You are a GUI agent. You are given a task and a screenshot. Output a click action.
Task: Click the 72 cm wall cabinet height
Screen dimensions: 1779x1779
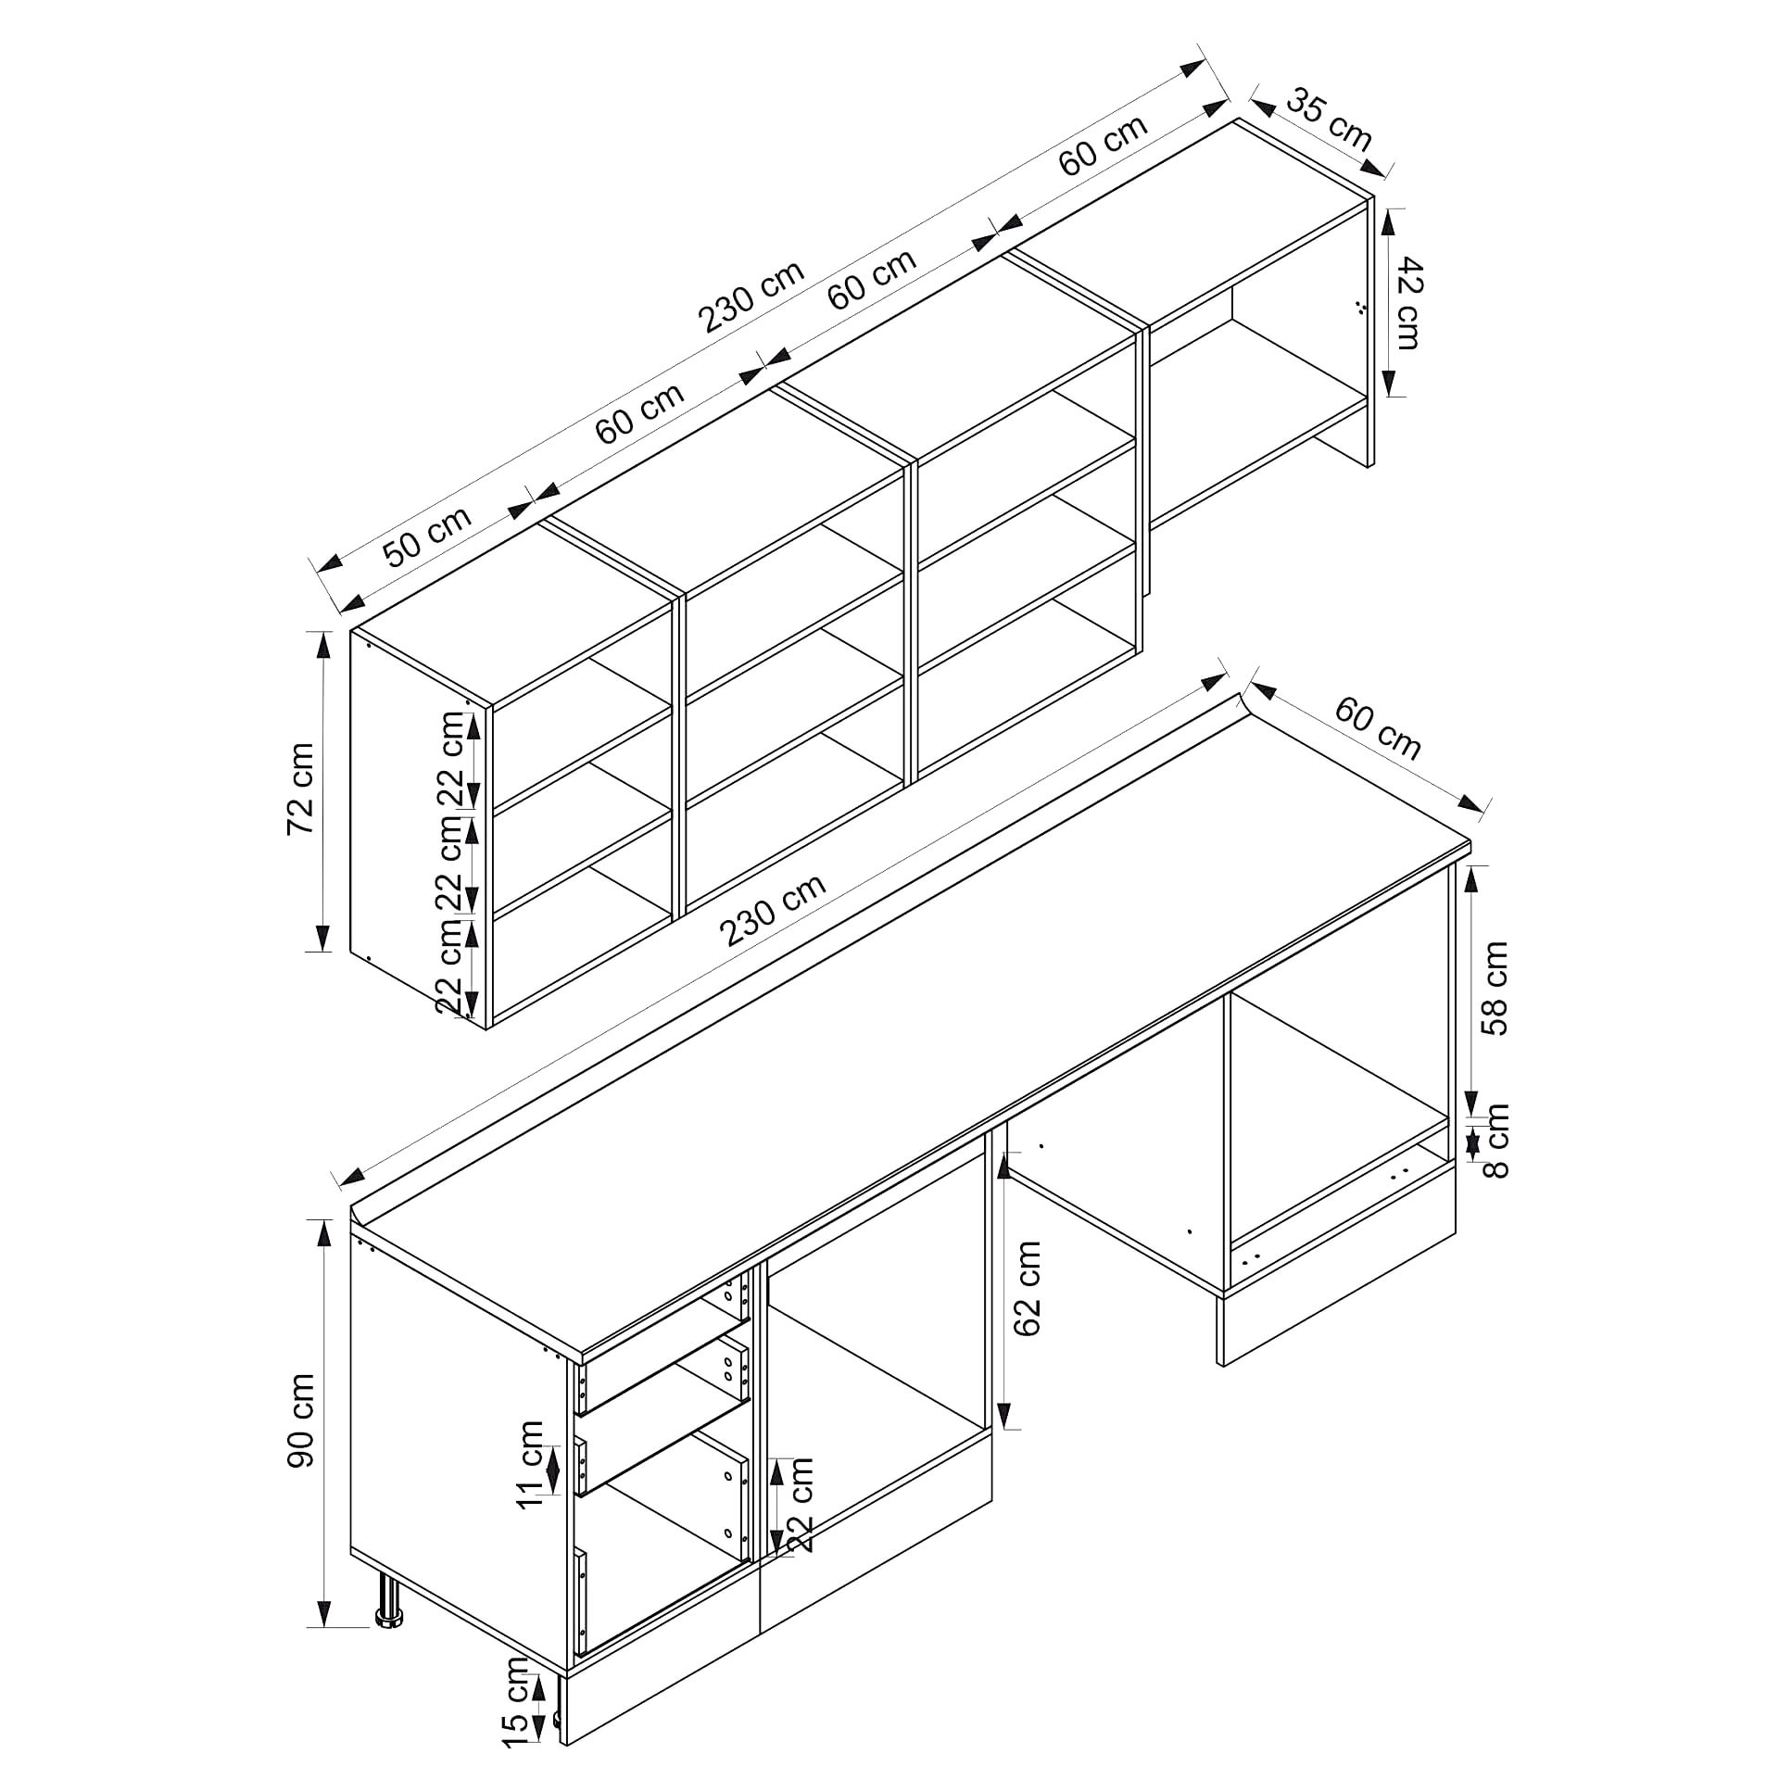(x=301, y=788)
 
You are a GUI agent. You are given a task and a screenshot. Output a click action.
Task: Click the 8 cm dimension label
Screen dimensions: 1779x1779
(x=1495, y=1141)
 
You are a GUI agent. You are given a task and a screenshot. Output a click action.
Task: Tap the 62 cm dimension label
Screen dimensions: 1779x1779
(x=1028, y=1289)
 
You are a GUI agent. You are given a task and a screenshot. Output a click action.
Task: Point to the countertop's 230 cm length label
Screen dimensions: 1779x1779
(x=774, y=911)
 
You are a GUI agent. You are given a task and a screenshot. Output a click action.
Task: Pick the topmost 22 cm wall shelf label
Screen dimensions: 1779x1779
(x=451, y=760)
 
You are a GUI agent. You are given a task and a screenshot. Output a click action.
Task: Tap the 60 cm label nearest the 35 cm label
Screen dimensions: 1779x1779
(x=1103, y=145)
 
